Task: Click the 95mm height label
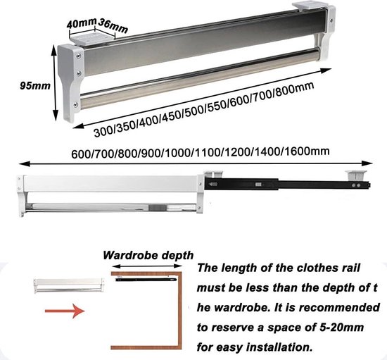tap(35, 86)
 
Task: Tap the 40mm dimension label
tap(81, 23)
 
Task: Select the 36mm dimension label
tap(113, 25)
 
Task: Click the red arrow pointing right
tap(65, 311)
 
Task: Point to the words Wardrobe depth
tap(148, 256)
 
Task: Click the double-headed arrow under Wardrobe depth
tap(147, 266)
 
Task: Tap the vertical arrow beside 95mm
tap(55, 82)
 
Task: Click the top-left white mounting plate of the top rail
tap(89, 39)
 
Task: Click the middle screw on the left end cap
tap(79, 73)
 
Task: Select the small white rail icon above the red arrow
tap(69, 285)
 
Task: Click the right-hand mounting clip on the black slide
tap(355, 175)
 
